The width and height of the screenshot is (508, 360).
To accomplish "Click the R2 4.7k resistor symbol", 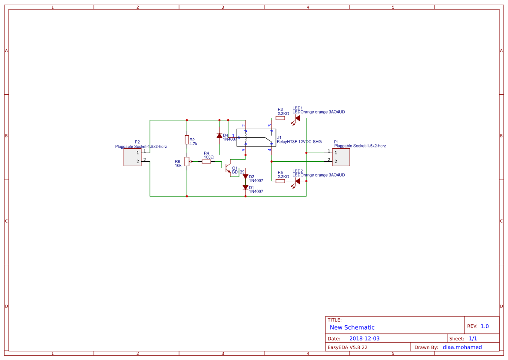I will click(187, 140).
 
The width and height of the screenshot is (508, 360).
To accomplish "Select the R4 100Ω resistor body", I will click(206, 162).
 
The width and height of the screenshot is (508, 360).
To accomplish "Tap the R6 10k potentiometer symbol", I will click(187, 162).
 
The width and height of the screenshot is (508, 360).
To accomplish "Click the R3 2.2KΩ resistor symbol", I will click(280, 118).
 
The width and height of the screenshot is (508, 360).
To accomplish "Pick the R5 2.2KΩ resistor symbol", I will click(280, 181).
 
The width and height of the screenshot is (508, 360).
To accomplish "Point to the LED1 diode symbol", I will click(298, 118).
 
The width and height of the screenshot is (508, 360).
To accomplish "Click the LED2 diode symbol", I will click(298, 181).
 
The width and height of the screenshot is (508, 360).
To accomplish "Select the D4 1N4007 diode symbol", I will click(219, 136).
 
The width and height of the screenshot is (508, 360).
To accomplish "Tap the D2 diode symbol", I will click(246, 177).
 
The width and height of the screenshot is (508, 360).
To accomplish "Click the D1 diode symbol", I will click(246, 187).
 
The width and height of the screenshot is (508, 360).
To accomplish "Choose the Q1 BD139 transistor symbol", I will click(227, 167).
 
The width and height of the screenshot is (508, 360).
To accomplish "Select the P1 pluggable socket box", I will click(341, 157).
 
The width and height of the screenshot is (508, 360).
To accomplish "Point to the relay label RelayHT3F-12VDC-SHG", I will click(299, 142).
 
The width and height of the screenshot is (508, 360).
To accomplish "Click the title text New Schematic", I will click(352, 327).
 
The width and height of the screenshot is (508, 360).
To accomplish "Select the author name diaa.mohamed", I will click(462, 347).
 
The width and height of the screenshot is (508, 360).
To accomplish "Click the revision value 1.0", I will click(485, 326).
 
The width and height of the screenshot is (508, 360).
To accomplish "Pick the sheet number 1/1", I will click(473, 338).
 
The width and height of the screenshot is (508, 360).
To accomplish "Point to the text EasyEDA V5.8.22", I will click(347, 347).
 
